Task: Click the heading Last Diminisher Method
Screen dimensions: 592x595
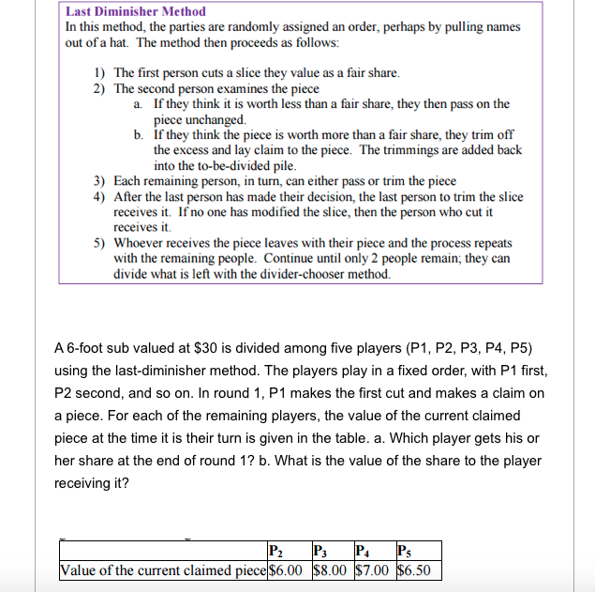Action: coord(136,11)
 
